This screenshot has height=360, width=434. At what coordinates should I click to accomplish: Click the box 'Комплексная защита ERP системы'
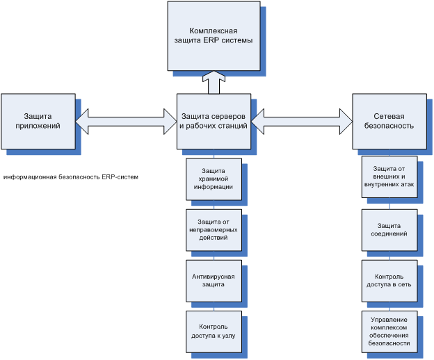(x=214, y=36)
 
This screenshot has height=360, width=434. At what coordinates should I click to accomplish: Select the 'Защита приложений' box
(x=38, y=122)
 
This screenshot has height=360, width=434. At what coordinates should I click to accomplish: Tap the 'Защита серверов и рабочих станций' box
(x=214, y=122)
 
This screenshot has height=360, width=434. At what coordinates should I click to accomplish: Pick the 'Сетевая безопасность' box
(x=389, y=122)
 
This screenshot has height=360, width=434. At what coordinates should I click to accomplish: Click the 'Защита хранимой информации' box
(x=214, y=179)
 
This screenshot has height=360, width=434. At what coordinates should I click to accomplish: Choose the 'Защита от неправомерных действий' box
(x=214, y=230)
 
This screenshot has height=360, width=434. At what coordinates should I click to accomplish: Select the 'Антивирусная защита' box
(x=214, y=281)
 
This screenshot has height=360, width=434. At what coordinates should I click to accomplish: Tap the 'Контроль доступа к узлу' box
(x=214, y=332)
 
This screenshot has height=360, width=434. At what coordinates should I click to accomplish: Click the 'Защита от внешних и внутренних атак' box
(x=389, y=177)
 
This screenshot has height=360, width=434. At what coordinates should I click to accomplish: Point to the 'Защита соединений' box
(x=389, y=230)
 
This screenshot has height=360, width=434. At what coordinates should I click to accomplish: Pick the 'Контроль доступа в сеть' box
(x=389, y=281)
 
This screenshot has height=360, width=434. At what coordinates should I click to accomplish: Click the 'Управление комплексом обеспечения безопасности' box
(x=389, y=332)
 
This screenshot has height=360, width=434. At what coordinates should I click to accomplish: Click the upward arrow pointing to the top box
(x=214, y=83)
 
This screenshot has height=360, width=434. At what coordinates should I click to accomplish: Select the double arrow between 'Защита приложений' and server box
(x=126, y=122)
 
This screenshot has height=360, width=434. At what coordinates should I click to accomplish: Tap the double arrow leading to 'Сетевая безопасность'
(x=302, y=122)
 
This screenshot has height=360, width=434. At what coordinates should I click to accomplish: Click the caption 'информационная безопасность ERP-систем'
(x=70, y=177)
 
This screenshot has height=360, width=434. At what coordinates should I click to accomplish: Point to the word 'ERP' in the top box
(x=211, y=40)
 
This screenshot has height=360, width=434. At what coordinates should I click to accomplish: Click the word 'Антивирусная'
(x=214, y=277)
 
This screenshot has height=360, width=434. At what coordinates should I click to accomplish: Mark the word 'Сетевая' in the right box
(x=389, y=116)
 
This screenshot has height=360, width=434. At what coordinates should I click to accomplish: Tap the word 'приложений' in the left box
(x=38, y=126)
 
